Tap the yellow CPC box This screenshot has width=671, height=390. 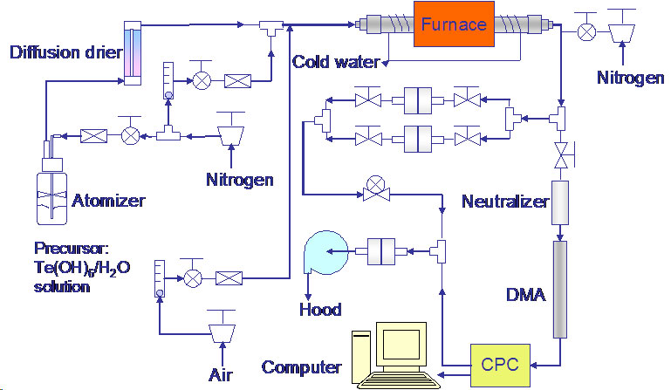pos(500,363)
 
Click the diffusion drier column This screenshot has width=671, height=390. pos(133,51)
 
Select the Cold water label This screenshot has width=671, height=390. pos(336,62)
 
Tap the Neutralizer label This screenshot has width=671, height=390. pos(505,202)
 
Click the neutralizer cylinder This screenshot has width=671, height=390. pos(560,202)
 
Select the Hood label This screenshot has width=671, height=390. pos(319,309)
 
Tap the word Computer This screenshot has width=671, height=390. pos(301,366)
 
